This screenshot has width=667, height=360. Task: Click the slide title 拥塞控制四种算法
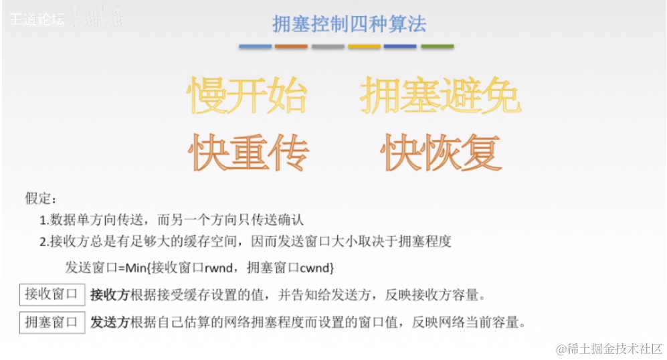pyautogui.click(x=349, y=24)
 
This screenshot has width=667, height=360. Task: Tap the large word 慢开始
pyautogui.click(x=247, y=96)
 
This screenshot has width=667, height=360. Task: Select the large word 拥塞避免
pyautogui.click(x=440, y=96)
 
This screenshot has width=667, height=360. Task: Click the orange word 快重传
pyautogui.click(x=248, y=151)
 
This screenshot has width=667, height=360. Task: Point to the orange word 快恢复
pyautogui.click(x=441, y=151)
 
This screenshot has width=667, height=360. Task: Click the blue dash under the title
pyautogui.click(x=256, y=47)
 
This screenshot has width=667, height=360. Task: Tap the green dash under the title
pyautogui.click(x=437, y=47)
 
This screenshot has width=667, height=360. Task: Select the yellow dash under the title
pyautogui.click(x=365, y=47)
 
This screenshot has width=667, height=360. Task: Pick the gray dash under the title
pyautogui.click(x=328, y=47)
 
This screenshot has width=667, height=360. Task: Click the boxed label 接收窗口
pyautogui.click(x=52, y=294)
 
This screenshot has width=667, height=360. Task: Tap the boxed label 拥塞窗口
pyautogui.click(x=52, y=322)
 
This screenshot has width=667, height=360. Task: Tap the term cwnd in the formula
pyautogui.click(x=314, y=268)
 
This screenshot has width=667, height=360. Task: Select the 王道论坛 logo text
pyautogui.click(x=37, y=19)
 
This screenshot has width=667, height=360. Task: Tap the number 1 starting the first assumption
pyautogui.click(x=42, y=220)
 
